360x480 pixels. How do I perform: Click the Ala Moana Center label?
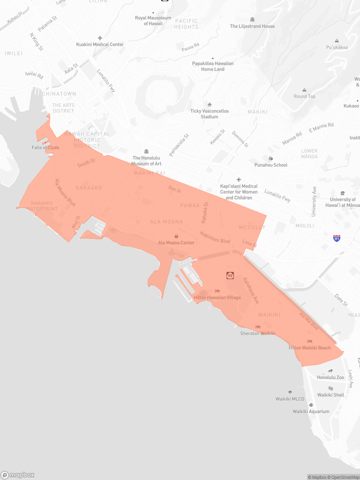(x=176, y=243)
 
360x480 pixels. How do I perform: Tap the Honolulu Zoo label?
(x=330, y=377)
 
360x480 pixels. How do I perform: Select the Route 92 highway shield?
(x=230, y=275)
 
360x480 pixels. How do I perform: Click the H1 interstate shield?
(x=337, y=238)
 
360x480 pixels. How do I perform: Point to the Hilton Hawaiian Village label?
(x=217, y=298)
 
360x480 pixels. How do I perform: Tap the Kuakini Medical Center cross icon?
(x=100, y=38)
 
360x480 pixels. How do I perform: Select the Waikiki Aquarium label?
(x=311, y=411)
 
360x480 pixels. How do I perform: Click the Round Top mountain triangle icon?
(x=304, y=90)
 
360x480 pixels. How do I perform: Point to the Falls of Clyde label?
(x=46, y=148)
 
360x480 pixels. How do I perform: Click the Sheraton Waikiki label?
(x=258, y=333)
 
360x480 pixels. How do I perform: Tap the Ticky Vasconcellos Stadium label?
(x=210, y=114)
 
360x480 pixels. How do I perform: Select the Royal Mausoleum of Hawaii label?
(x=153, y=21)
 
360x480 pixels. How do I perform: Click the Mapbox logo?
(x=18, y=475)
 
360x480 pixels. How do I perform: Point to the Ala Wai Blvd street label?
(x=309, y=321)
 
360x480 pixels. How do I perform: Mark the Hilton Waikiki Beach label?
(x=310, y=348)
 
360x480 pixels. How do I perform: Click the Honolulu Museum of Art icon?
(x=146, y=151)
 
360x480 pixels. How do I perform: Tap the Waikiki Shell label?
(x=331, y=395)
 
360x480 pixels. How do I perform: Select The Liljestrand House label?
(x=252, y=26)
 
